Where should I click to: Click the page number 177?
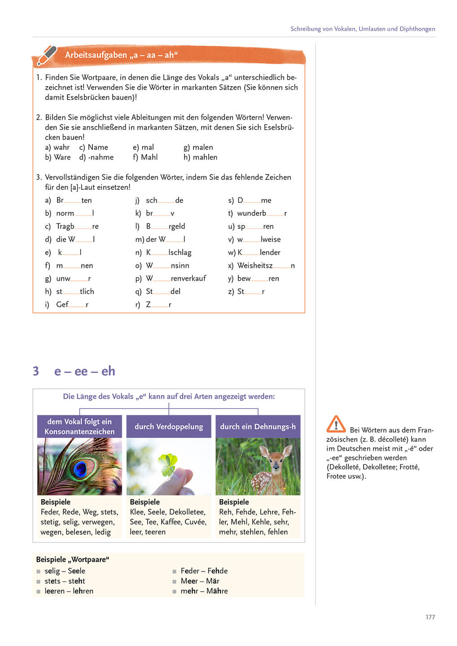tap(430, 617)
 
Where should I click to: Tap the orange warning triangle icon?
tap(336, 424)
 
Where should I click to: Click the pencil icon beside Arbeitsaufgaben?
tap(47, 55)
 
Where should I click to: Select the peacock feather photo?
tap(79, 467)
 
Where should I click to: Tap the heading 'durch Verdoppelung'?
tap(169, 427)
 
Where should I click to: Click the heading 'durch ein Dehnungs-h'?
tap(258, 427)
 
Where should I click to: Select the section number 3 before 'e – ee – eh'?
tap(36, 371)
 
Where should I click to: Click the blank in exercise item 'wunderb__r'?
tap(275, 214)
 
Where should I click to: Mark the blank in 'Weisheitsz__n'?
tap(281, 266)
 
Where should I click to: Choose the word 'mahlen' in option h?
tap(205, 157)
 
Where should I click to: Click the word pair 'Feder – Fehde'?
tap(204, 571)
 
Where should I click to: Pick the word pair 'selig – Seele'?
tap(65, 571)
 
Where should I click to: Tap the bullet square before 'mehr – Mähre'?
tap(175, 592)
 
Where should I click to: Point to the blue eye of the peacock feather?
tap(80, 469)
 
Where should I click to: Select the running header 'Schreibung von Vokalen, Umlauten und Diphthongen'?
tap(362, 29)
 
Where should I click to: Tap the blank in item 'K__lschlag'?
tap(159, 253)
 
